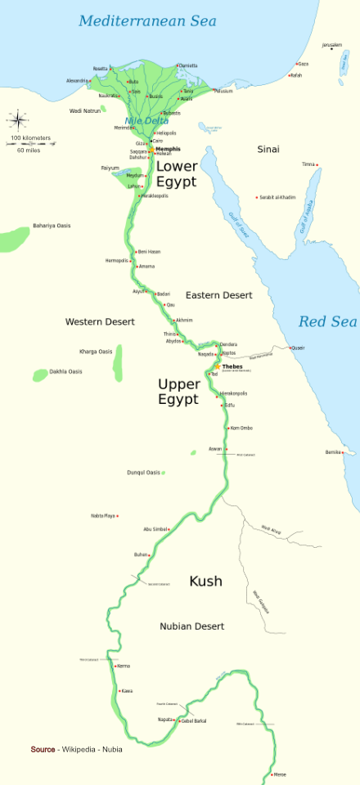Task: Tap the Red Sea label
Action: [x=327, y=321]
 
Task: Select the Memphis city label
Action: [x=168, y=150]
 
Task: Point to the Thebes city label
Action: [x=233, y=366]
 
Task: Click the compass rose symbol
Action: [x=18, y=120]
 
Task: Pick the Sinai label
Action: [x=268, y=150]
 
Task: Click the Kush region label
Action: [x=205, y=581]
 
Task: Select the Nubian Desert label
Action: [x=191, y=626]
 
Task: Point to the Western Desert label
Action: [x=100, y=322]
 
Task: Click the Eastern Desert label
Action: [x=218, y=294]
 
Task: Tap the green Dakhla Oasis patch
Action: [x=39, y=375]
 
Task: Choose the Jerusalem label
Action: [x=332, y=44]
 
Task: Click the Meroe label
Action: [x=280, y=774]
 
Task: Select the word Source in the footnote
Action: [x=43, y=749]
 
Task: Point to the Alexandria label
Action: [x=77, y=80]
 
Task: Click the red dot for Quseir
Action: [x=290, y=348]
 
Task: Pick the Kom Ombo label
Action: [x=241, y=428]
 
